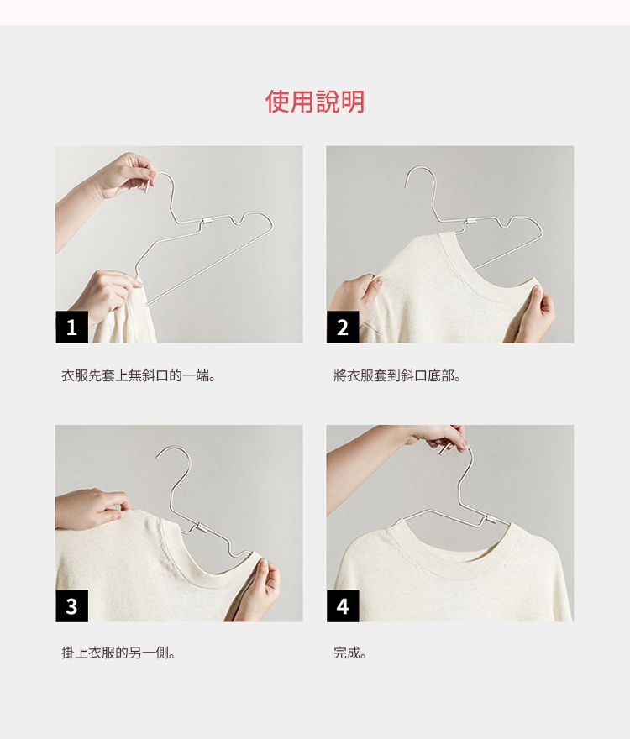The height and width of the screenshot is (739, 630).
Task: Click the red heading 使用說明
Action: tap(315, 102)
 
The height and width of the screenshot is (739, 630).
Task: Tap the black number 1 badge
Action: tap(71, 328)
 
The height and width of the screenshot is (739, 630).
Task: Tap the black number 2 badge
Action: tap(343, 328)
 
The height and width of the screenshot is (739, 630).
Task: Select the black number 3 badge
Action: tap(71, 605)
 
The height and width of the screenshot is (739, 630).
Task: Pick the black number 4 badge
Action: tap(343, 605)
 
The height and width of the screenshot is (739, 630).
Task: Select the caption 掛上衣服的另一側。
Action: tap(118, 653)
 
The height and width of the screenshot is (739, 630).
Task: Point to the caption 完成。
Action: tap(350, 653)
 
